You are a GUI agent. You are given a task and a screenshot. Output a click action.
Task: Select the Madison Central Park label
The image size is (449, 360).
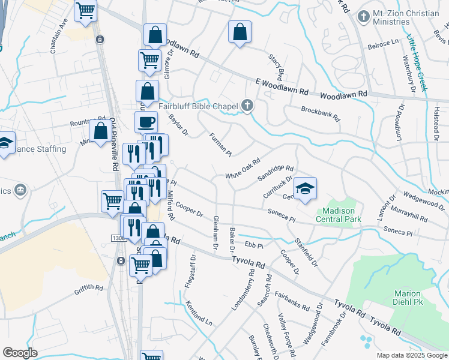[x=339, y=215]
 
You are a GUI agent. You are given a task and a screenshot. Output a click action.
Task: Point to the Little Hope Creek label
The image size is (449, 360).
[x=415, y=63]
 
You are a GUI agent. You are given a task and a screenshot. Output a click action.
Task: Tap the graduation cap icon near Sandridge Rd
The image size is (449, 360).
[x=305, y=188]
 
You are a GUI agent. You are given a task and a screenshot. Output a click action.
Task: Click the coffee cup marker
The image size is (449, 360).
[x=146, y=122]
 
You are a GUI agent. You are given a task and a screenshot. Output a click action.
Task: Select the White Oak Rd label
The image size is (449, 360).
[x=243, y=168]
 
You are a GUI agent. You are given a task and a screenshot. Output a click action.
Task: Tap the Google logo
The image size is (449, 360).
[x=20, y=353]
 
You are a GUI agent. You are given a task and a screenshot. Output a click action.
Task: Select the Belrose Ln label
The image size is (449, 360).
[x=387, y=43]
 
